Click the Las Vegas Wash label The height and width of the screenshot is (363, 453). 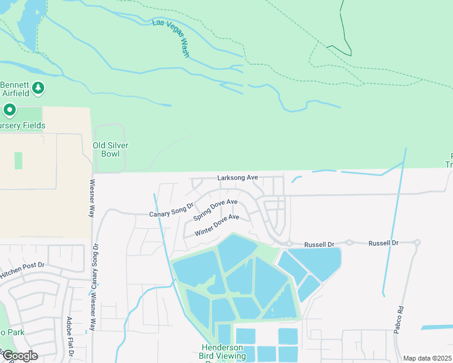tap(171, 38)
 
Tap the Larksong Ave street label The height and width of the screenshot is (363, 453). tap(237, 178)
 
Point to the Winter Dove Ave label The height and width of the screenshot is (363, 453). tap(217, 225)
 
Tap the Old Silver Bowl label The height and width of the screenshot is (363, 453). tap(110, 149)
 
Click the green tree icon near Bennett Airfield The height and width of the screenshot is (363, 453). tap(39, 88)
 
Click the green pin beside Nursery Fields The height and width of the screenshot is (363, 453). tap(9, 111)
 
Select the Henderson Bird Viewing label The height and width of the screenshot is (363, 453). tap(223, 352)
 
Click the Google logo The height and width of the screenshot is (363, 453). tap(19, 356)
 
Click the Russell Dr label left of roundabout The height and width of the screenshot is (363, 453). tap(319, 243)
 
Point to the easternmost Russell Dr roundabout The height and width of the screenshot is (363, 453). tap(417, 243)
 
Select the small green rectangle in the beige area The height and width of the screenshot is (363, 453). tap(18, 160)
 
